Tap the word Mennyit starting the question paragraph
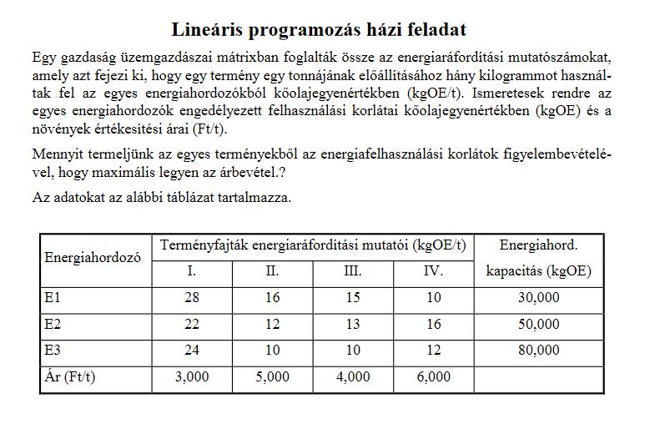click(57, 155)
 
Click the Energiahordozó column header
click(92, 258)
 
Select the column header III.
click(352, 271)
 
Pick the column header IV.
click(433, 271)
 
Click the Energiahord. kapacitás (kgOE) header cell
click(538, 258)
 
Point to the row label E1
click(53, 298)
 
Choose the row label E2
click(53, 324)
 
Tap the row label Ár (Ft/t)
click(70, 376)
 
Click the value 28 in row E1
click(192, 298)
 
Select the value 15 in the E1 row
click(352, 298)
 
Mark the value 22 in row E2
click(192, 324)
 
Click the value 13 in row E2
click(352, 324)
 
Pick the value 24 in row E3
click(192, 351)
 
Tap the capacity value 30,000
click(538, 298)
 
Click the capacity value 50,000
click(538, 324)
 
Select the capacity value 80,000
click(538, 351)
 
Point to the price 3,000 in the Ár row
click(192, 376)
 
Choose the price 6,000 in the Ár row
click(433, 376)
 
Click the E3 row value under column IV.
click(433, 351)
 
